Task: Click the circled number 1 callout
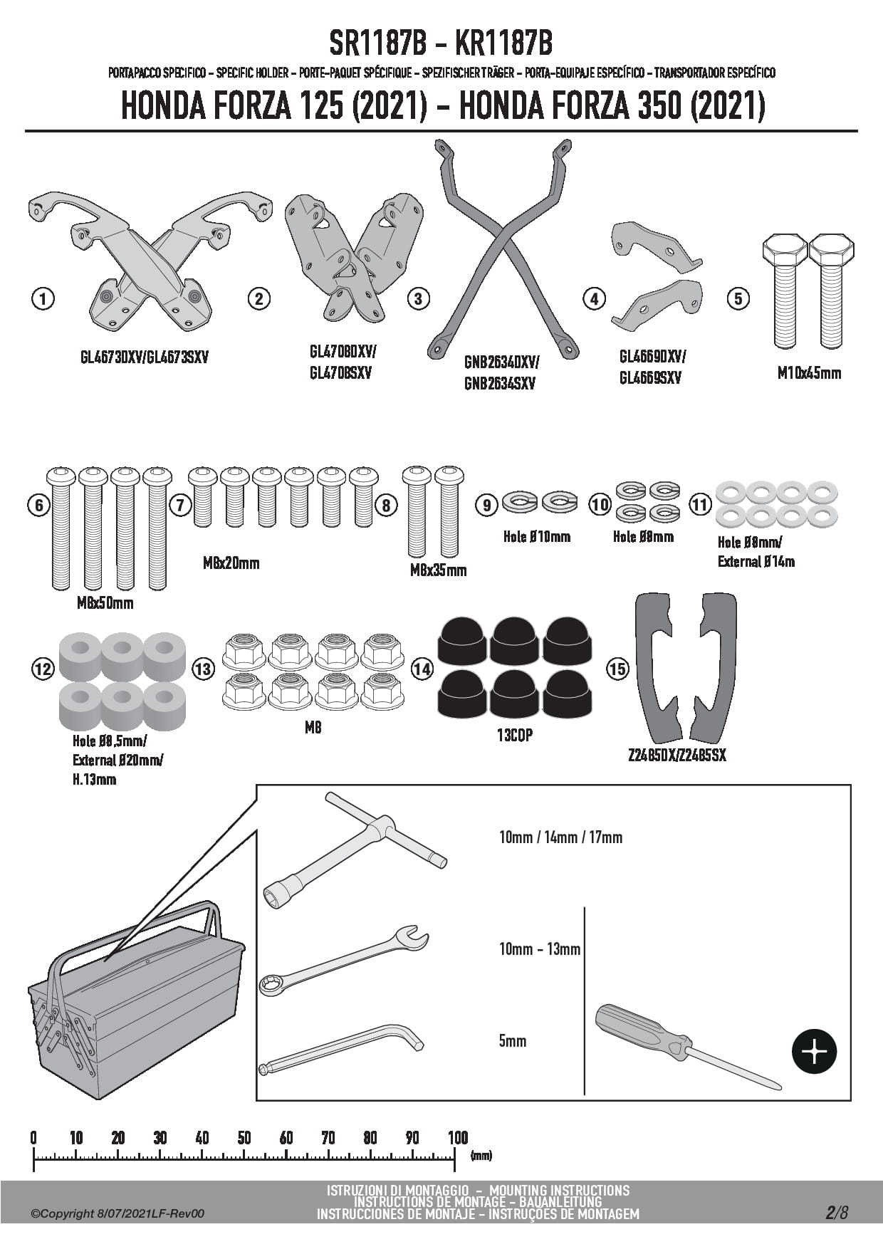coord(43,298)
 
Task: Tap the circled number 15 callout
coord(617,669)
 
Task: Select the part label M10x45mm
coord(809,372)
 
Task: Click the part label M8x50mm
coord(105,603)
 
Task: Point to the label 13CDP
coord(515,735)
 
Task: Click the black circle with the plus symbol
coord(815,1051)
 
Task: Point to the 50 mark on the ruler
coord(244,1138)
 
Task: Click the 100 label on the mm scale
coord(457,1138)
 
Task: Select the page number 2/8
coord(837,1212)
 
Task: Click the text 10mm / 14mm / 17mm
coord(560,837)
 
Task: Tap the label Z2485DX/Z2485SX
coord(677,756)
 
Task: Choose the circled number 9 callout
coord(487,506)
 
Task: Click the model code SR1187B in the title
coord(377,44)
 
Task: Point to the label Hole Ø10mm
coord(536,537)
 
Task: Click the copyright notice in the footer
coord(117,1213)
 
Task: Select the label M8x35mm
coord(438,570)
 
